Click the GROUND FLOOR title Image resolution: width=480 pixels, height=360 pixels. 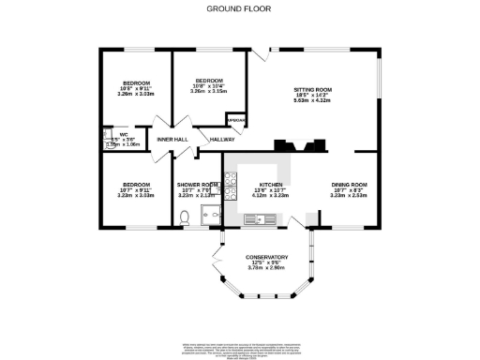tap(240, 8)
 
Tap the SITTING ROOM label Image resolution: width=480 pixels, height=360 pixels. tap(314, 90)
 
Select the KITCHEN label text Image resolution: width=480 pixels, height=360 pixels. tap(270, 185)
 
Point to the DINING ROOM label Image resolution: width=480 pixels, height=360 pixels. tap(349, 185)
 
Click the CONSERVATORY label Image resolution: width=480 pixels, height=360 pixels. tap(266, 257)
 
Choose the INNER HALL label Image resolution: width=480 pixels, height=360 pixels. tap(173, 140)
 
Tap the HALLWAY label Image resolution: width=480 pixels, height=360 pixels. tap(221, 140)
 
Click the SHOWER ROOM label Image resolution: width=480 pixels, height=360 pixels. tap(197, 185)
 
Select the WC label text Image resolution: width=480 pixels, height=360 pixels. tap(110, 134)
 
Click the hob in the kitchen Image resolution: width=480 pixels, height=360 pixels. tap(229, 194)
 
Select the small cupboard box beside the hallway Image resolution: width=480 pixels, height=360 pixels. tap(237, 121)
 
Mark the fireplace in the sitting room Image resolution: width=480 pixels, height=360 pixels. tap(299, 145)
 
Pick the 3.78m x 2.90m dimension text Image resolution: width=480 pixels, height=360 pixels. tap(266, 268)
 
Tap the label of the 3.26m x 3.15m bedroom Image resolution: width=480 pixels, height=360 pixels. tap(208, 81)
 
